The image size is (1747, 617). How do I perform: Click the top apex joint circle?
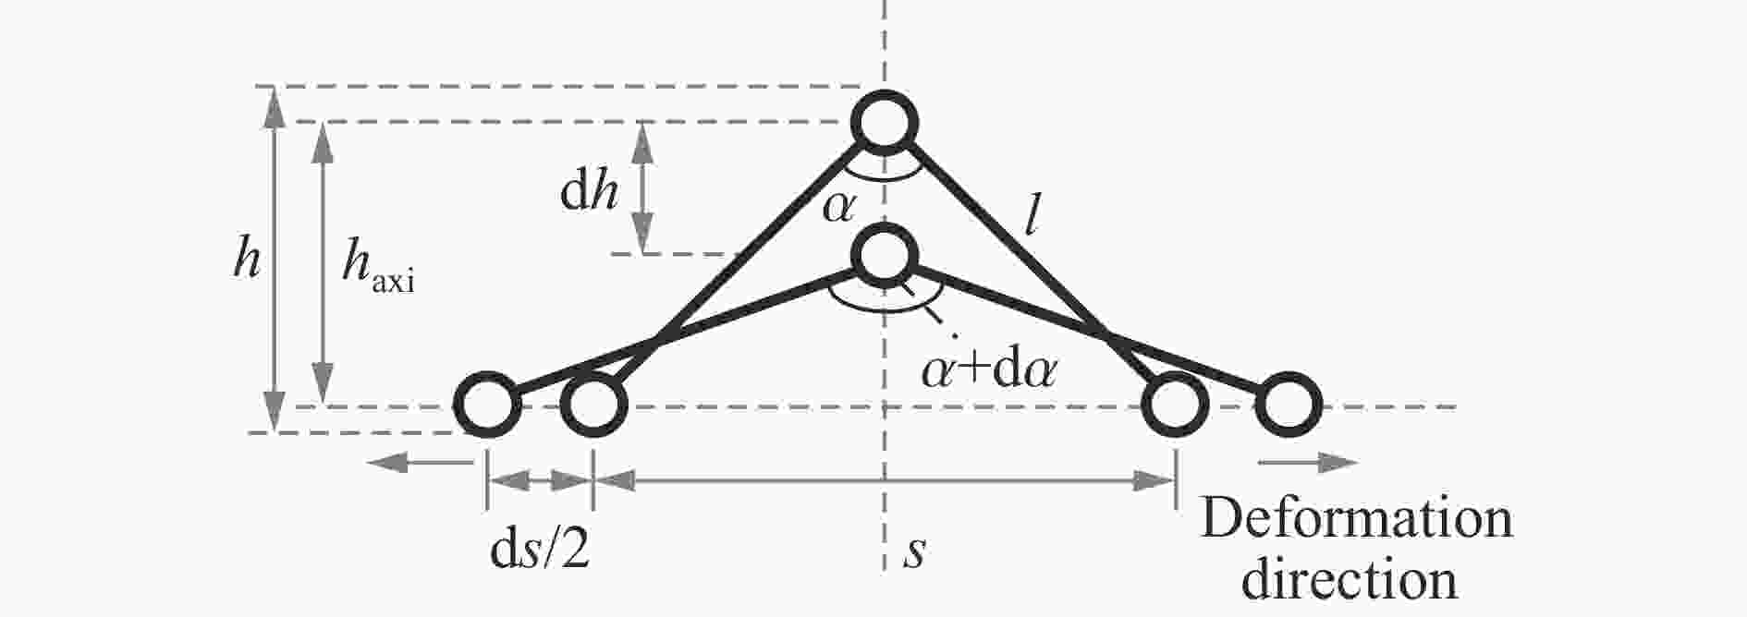point(885,121)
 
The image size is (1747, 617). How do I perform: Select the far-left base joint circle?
point(487,405)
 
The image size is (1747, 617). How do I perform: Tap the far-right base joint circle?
point(1289,405)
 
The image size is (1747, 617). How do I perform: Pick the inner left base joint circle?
point(593,405)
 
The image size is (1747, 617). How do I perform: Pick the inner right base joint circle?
point(1176,405)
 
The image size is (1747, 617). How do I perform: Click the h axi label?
point(378,266)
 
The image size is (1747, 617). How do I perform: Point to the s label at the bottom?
point(914,552)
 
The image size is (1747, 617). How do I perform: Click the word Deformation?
point(1356,519)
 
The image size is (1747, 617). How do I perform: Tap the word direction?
point(1350,578)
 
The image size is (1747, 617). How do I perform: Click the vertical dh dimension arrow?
point(642,188)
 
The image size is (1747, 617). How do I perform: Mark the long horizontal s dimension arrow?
point(885,479)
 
